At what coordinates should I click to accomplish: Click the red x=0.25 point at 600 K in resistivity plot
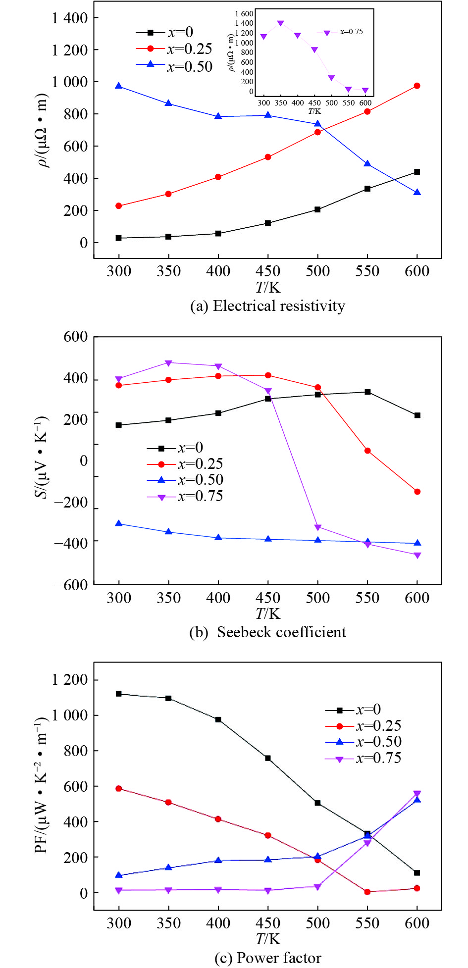[x=417, y=86]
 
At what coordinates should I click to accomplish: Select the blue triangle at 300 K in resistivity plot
[x=119, y=86]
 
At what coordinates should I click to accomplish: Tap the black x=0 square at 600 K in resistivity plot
[x=417, y=172]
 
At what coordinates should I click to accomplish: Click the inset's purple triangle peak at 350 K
[x=281, y=23]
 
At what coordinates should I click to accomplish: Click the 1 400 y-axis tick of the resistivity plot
[x=70, y=18]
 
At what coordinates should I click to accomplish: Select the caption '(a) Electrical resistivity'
[x=267, y=306]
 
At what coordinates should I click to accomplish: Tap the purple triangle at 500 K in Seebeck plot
[x=317, y=527]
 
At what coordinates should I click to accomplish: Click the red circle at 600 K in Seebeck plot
[x=417, y=492]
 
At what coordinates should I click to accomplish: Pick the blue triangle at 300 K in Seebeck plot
[x=119, y=523]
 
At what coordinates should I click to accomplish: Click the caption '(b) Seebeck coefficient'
[x=267, y=632]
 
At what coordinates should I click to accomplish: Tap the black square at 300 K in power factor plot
[x=119, y=694]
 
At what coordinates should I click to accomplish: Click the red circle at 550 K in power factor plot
[x=367, y=892]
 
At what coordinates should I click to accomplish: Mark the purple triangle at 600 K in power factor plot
[x=417, y=794]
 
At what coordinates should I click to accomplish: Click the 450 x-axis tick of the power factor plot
[x=268, y=923]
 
